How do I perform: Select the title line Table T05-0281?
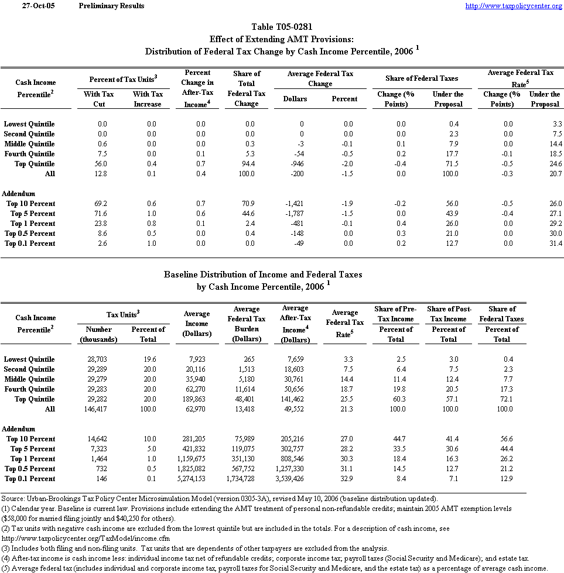click(x=282, y=27)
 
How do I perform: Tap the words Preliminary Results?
click(x=111, y=6)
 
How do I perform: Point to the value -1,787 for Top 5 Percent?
click(x=296, y=214)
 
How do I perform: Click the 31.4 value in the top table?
click(x=554, y=243)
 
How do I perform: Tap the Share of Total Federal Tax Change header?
click(x=247, y=88)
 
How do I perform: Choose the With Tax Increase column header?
click(x=148, y=99)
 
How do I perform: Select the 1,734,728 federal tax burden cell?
click(x=243, y=479)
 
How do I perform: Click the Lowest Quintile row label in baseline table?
click(x=29, y=359)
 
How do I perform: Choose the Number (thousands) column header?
click(x=98, y=334)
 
